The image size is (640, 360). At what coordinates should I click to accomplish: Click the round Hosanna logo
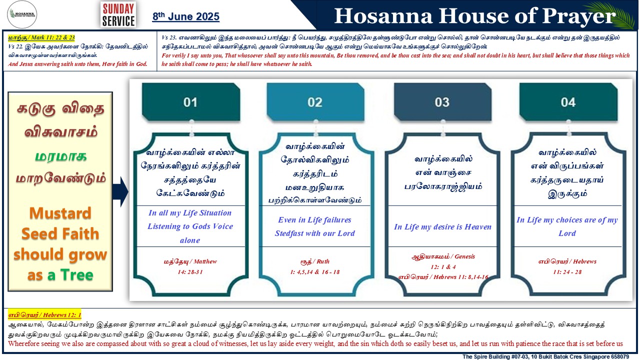pos(22,14)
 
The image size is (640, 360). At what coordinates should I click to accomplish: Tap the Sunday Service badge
pos(118,14)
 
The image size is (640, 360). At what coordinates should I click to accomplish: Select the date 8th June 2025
pos(185,16)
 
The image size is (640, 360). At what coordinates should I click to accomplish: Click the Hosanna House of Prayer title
pos(474,15)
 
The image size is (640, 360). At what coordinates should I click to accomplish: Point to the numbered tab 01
pos(191,102)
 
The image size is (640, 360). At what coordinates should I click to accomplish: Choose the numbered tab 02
pos(315,102)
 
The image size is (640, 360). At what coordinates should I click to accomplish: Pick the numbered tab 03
pos(442,102)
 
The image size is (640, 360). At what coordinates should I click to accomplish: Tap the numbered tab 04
pos(568,102)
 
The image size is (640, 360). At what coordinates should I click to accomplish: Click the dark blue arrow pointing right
pos(120,191)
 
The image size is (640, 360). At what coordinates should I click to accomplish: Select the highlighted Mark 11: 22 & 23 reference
pos(41,37)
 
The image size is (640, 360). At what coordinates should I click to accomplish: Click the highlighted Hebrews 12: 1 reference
pos(44,315)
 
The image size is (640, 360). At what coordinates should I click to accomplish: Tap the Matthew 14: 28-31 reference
pos(190,266)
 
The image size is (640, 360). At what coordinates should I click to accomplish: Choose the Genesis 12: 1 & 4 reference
pos(443,261)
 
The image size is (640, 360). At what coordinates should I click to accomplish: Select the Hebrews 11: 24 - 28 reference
pos(567,266)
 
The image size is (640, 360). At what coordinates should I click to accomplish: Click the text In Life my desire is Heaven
pos(442,227)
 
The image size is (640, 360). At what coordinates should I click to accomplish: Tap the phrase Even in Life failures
pos(314,219)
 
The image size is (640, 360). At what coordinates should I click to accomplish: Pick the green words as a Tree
pos(60,275)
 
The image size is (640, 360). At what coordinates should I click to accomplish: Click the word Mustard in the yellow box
pos(60,213)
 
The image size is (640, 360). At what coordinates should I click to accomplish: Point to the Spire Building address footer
pos(545,356)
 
